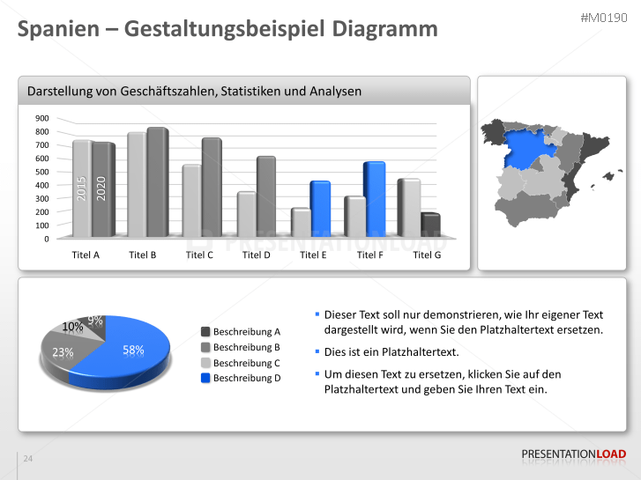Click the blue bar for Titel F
point(374,198)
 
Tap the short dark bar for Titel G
point(430,225)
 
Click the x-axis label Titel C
point(199,255)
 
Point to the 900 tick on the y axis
point(42,118)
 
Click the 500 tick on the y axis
point(42,172)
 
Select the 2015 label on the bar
point(81,188)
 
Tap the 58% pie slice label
point(133,350)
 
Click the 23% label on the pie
point(63,352)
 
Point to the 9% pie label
point(95,321)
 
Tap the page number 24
point(28,459)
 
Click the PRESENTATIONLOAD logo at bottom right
point(573,454)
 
